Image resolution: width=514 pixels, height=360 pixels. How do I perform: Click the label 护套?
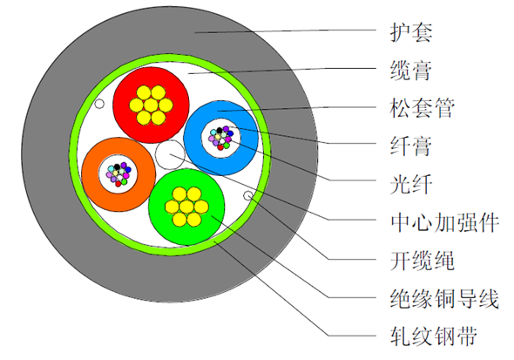pos(411,32)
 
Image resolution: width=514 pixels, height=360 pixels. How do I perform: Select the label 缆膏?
pos(411,70)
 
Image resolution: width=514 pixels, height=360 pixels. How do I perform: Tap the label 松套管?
pos(423,107)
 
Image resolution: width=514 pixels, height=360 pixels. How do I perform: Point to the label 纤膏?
pos(411,146)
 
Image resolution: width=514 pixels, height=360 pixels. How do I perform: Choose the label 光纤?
pos(411,184)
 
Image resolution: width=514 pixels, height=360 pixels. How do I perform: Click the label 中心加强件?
pos(444,222)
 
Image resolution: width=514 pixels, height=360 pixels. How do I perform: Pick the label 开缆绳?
pos(423,261)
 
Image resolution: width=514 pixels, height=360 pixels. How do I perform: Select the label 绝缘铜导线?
pos(444,298)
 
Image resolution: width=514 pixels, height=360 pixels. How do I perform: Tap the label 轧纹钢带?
pos(433,336)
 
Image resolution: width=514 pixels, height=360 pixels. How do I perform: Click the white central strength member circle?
pos(170,154)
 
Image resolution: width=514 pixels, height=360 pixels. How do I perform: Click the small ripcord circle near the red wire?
pos(99,104)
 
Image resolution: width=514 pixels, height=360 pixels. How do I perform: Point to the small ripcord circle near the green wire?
pos(247,196)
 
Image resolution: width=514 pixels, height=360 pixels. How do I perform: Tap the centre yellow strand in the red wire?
pos(151,105)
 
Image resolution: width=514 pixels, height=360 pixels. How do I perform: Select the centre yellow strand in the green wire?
pos(186,207)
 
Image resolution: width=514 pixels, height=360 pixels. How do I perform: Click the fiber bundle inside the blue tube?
pos(221,138)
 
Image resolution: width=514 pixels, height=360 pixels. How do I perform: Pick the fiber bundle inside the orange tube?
pos(118,174)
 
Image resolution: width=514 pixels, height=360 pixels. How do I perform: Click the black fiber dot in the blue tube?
pos(219,131)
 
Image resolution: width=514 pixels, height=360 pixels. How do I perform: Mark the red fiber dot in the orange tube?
pos(118,184)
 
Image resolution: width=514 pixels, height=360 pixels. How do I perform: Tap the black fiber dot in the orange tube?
pos(117,166)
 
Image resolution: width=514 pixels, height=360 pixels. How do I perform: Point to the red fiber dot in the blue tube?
pos(220,147)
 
